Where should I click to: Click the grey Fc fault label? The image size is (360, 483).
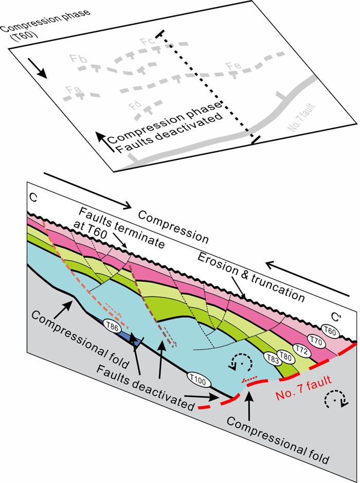[x=147, y=41]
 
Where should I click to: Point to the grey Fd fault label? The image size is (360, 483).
[x=135, y=106]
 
